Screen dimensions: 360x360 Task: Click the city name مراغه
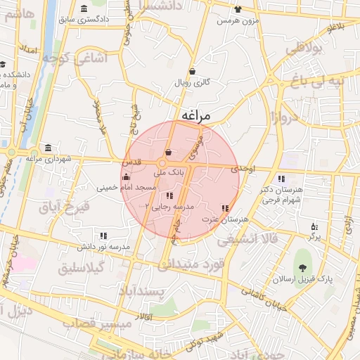coord(191,114)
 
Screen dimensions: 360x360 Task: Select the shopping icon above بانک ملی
coord(168,152)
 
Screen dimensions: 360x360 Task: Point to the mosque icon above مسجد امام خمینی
coord(126,176)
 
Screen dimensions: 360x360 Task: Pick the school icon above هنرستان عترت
coord(225,208)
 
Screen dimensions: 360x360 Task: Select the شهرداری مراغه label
coord(50,159)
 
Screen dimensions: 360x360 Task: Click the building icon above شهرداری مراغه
coord(47,148)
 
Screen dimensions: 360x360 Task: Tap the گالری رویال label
coord(193,83)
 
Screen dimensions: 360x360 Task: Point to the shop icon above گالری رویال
coord(192,71)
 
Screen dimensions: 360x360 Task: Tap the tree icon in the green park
coord(302,266)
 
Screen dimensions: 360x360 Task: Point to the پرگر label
coord(314,238)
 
